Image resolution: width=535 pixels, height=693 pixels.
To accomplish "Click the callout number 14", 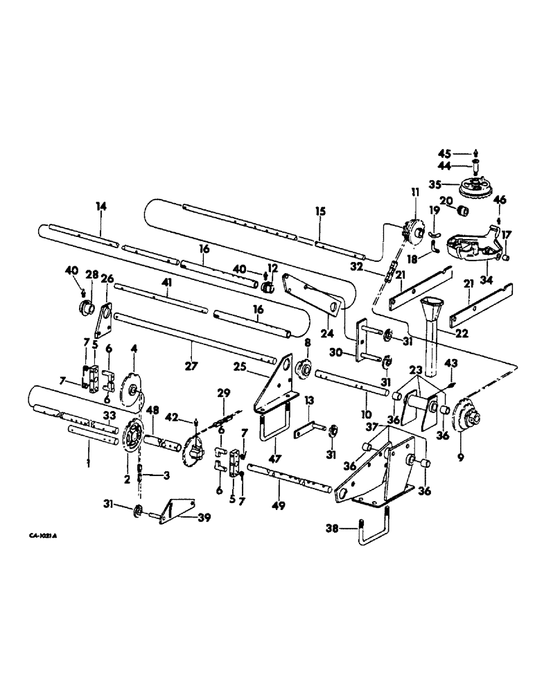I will tap(102, 206).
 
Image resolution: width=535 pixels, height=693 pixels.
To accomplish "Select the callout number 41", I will tap(166, 283).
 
